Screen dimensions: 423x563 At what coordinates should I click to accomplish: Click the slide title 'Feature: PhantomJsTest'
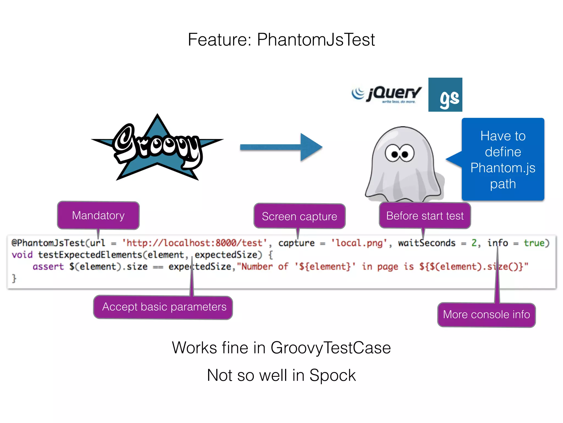281,40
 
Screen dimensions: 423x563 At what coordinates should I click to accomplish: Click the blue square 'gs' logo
445,95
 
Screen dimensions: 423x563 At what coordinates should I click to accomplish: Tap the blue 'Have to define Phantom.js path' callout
503,159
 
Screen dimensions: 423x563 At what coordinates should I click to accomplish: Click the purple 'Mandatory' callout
98,215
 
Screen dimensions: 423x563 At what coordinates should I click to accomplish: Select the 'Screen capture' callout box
299,216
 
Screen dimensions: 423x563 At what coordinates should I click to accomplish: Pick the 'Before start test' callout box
425,216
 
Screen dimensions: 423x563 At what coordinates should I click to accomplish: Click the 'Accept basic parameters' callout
164,307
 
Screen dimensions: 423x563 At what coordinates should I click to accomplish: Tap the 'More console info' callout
486,314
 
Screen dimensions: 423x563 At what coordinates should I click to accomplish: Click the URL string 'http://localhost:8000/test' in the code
194,243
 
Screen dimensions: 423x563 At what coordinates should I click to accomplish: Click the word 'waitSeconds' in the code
427,243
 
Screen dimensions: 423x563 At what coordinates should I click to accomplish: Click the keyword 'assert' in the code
48,267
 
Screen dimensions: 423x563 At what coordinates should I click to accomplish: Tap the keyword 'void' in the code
22,255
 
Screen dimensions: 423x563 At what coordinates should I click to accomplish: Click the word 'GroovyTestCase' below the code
330,348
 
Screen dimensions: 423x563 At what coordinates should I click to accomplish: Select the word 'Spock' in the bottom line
332,375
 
